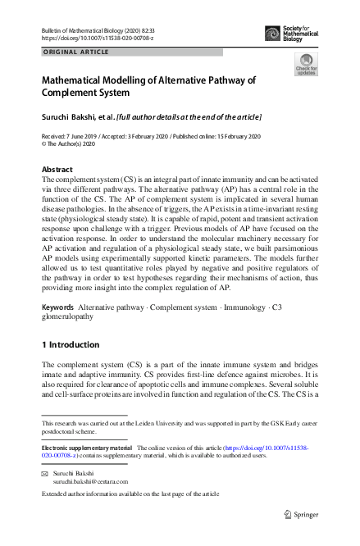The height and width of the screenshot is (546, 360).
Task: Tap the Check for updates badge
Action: [306, 64]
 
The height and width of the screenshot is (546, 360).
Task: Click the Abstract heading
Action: [57, 170]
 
